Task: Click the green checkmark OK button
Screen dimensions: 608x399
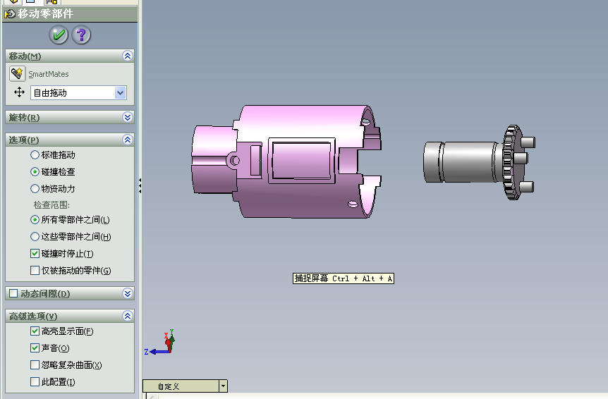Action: pyautogui.click(x=59, y=35)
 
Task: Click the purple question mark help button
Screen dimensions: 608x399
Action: pyautogui.click(x=81, y=35)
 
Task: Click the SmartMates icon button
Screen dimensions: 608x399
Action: pyautogui.click(x=18, y=73)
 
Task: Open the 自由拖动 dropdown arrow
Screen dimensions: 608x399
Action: pyautogui.click(x=120, y=92)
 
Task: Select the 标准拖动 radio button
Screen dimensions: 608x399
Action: pyautogui.click(x=35, y=155)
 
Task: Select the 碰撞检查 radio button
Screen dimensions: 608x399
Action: pyautogui.click(x=35, y=171)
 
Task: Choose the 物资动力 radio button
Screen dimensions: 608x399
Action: pyautogui.click(x=35, y=189)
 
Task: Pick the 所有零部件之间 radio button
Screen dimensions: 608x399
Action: pyautogui.click(x=35, y=220)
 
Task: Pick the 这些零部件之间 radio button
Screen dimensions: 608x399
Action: pyautogui.click(x=35, y=237)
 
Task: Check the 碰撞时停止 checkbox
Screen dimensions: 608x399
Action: pyautogui.click(x=35, y=253)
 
